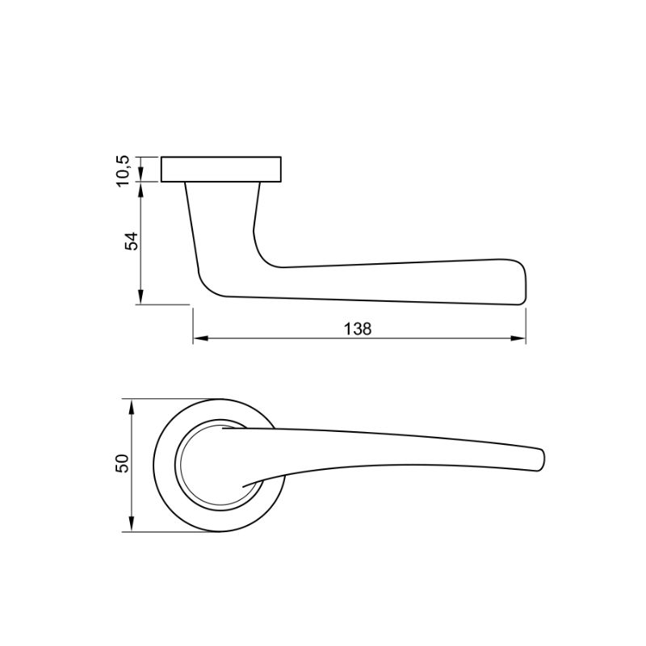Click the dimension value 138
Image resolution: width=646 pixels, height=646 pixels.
coord(358,329)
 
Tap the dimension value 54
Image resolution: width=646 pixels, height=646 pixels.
coord(132,241)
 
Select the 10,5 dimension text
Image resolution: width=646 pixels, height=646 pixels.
coord(123,171)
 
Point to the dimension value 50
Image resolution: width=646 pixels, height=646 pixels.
coord(123,463)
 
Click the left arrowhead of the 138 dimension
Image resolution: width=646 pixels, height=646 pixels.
coord(199,338)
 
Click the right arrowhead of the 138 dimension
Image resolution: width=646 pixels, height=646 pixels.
coord(518,338)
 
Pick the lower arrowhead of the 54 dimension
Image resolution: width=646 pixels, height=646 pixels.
coord(141,297)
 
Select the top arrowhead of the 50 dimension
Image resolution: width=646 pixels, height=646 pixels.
coord(132,406)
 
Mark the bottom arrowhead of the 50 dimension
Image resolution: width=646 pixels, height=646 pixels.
coord(132,524)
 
